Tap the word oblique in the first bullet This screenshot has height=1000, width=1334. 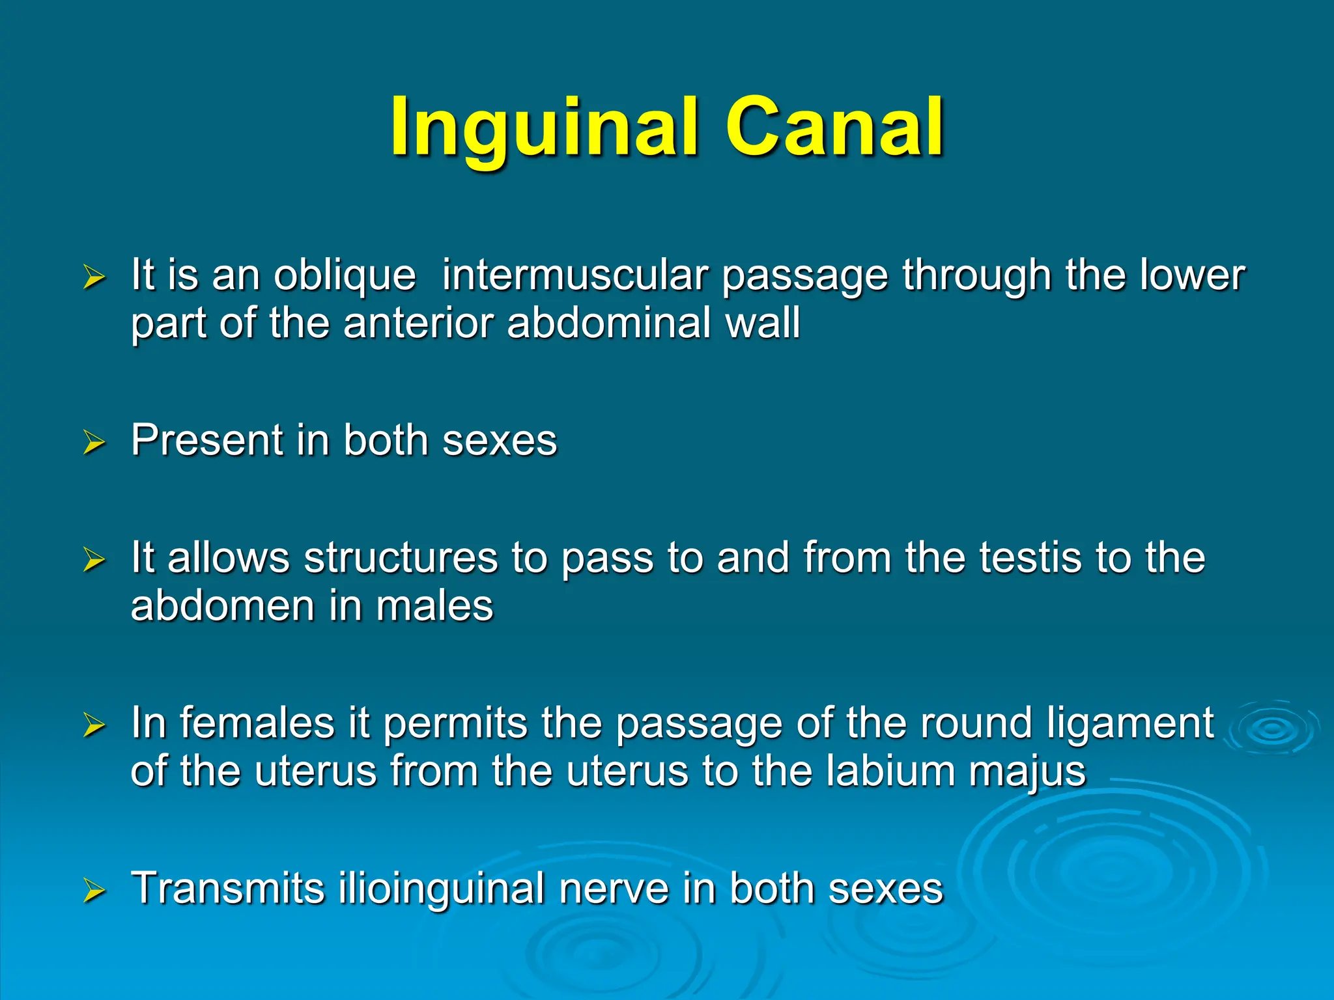pyautogui.click(x=344, y=275)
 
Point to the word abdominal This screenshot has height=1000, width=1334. pyautogui.click(x=608, y=324)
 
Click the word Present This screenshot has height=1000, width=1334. pyautogui.click(x=206, y=440)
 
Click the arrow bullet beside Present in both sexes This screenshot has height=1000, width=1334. pyautogui.click(x=94, y=443)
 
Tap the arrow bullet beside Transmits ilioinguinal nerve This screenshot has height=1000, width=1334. pyautogui.click(x=94, y=891)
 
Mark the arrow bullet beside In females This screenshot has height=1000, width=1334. pyautogui.click(x=94, y=726)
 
